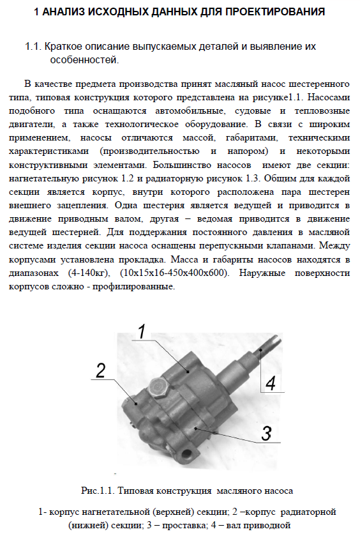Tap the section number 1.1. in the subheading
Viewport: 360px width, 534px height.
pyautogui.click(x=33, y=47)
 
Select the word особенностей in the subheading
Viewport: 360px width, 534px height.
pyautogui.click(x=84, y=60)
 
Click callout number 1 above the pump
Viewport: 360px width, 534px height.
pyautogui.click(x=141, y=332)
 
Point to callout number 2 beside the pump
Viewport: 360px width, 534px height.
pyautogui.click(x=101, y=370)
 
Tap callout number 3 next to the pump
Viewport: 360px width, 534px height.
pyautogui.click(x=266, y=433)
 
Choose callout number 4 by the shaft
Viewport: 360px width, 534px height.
pyautogui.click(x=271, y=383)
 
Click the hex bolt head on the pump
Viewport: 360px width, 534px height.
pyautogui.click(x=158, y=388)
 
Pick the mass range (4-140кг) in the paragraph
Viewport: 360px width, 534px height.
pyautogui.click(x=89, y=273)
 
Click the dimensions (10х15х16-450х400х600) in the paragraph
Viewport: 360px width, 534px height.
pyautogui.click(x=174, y=273)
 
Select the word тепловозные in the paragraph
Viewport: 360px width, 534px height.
pyautogui.click(x=322, y=111)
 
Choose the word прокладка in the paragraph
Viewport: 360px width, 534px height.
pyautogui.click(x=142, y=259)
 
